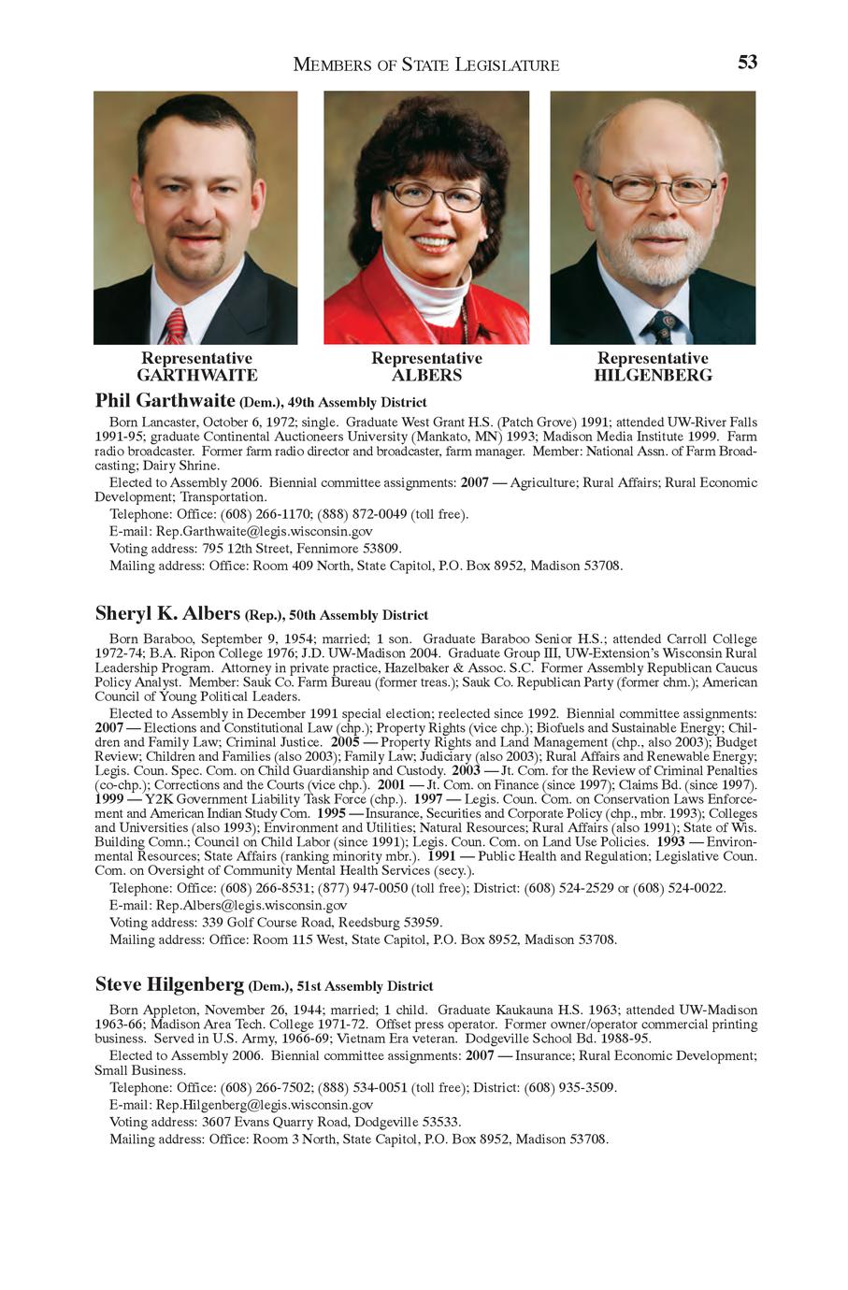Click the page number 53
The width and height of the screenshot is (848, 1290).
point(747,63)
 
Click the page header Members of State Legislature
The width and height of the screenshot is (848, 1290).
point(426,64)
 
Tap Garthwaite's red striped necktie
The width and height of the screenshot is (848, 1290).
point(175,327)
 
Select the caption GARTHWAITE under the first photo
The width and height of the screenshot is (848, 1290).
point(196,376)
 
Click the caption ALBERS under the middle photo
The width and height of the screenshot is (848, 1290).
point(426,376)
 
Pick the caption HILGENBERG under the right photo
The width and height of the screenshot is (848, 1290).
point(653,376)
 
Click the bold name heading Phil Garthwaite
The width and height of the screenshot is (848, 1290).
point(165,401)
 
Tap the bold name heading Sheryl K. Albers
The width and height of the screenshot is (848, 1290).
point(167,614)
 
